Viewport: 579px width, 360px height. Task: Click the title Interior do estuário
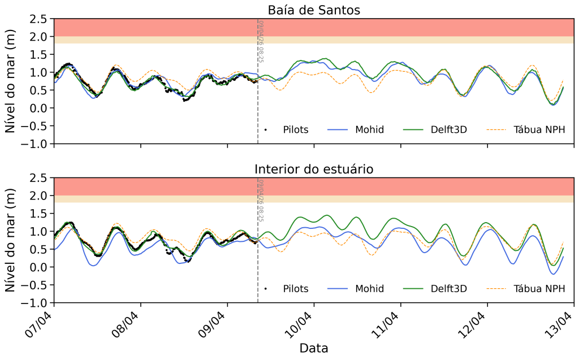coord(314,169)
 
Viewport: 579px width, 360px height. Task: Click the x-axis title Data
coord(314,348)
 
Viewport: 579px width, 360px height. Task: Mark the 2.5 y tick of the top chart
coord(38,19)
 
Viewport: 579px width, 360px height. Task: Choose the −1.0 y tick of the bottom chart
coord(35,303)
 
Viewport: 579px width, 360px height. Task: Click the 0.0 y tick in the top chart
coord(38,108)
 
